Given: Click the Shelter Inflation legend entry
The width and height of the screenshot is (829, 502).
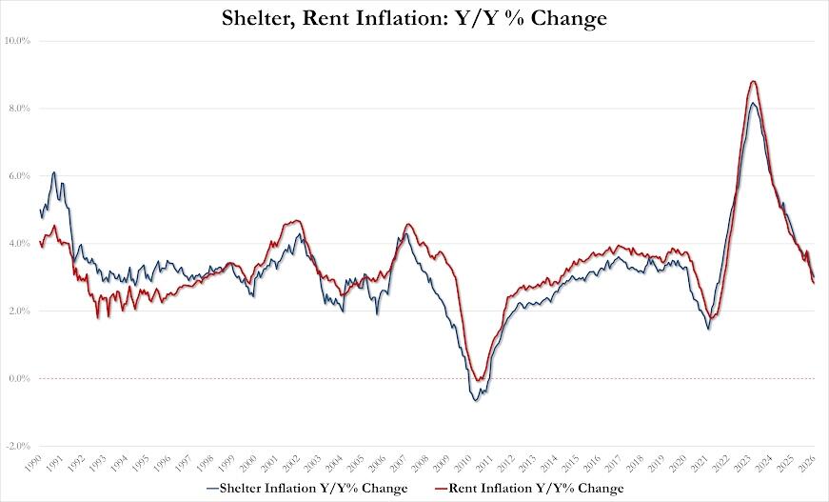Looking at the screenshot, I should tap(306, 489).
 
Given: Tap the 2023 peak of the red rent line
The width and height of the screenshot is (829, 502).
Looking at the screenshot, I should tap(753, 82).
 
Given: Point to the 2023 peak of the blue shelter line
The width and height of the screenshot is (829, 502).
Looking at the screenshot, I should tap(753, 103).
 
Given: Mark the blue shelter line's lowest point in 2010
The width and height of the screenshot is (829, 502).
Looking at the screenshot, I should tap(475, 400).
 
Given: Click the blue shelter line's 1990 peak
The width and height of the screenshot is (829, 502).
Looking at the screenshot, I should tap(54, 172).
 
